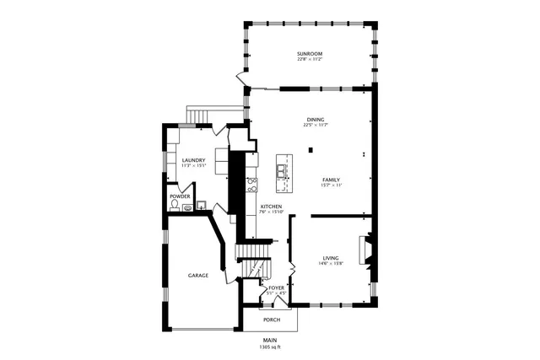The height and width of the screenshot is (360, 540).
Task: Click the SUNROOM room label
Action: (310, 54)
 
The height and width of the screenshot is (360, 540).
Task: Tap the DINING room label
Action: (315, 120)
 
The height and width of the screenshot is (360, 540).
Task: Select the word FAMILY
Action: (331, 180)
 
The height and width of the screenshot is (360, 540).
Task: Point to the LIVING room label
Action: (331, 258)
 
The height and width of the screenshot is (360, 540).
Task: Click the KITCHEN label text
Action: (271, 207)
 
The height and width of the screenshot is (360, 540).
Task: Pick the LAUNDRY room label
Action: (193, 160)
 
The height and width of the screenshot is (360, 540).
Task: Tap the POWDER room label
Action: (181, 196)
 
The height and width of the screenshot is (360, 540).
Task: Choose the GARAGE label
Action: (198, 276)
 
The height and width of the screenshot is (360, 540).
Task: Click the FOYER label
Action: (277, 288)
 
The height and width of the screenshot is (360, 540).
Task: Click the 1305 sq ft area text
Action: (271, 347)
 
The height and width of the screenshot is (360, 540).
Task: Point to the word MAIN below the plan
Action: (271, 341)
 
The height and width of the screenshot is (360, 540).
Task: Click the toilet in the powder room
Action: (175, 205)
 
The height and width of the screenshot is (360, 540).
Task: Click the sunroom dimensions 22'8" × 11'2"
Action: (310, 60)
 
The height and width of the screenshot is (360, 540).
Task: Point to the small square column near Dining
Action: (310, 151)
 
